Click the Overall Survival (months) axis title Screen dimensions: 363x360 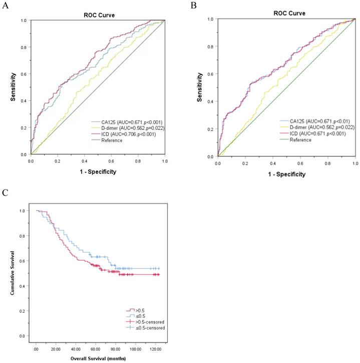tap(98, 358)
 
